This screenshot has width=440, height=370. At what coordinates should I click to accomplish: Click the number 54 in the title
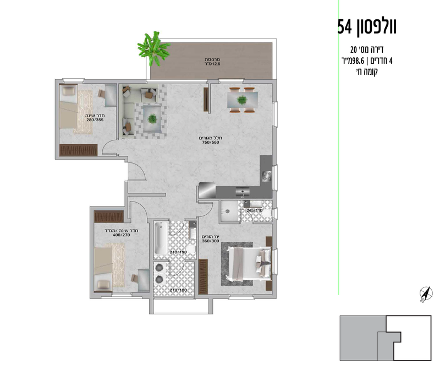click(x=349, y=25)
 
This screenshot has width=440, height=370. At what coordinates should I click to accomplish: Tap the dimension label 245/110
click(x=255, y=210)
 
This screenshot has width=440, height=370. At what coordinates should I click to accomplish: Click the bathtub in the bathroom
click(x=160, y=238)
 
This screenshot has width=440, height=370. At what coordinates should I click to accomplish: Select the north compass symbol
click(x=424, y=295)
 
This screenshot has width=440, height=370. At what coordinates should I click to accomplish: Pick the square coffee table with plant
click(x=151, y=117)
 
